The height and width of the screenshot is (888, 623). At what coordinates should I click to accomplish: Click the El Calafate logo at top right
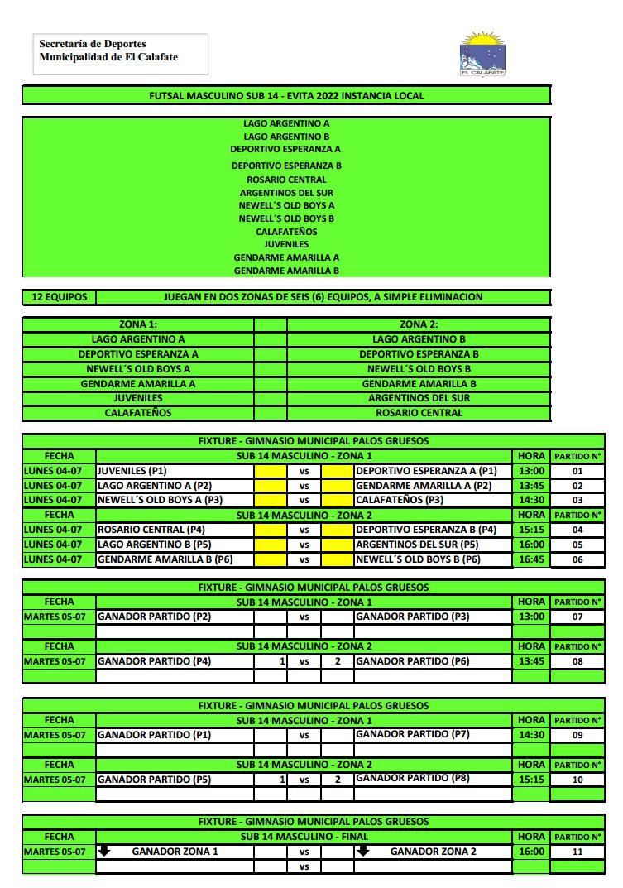[x=482, y=55]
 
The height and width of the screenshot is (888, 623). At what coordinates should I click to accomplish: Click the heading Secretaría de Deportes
[x=93, y=44]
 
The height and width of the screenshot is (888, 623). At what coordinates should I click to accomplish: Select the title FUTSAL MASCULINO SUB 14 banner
[x=286, y=95]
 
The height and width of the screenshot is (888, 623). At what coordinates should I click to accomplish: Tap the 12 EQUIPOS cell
[x=59, y=297]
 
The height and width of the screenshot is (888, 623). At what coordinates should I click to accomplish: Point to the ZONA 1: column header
[x=138, y=324]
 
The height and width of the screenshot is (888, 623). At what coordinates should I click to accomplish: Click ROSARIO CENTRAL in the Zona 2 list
[x=419, y=413]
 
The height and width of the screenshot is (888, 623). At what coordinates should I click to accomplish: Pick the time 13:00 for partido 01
[x=531, y=471]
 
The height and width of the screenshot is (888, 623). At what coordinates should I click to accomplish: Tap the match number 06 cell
[x=577, y=559]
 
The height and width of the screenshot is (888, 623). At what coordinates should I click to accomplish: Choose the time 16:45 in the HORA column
[x=531, y=559]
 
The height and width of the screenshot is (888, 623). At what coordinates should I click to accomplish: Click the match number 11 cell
[x=577, y=852]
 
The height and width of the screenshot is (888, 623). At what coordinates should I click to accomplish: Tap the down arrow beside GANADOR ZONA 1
[x=104, y=851]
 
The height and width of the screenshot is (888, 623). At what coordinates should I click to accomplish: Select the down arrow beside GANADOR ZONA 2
[x=362, y=851]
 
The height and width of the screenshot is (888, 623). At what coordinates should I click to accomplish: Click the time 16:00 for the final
[x=531, y=852]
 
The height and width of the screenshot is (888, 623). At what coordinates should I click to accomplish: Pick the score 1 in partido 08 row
[x=281, y=661]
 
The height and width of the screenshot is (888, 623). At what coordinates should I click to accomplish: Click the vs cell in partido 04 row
[x=304, y=530]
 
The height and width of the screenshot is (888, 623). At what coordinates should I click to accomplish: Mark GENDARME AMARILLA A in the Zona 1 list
[x=138, y=384]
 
